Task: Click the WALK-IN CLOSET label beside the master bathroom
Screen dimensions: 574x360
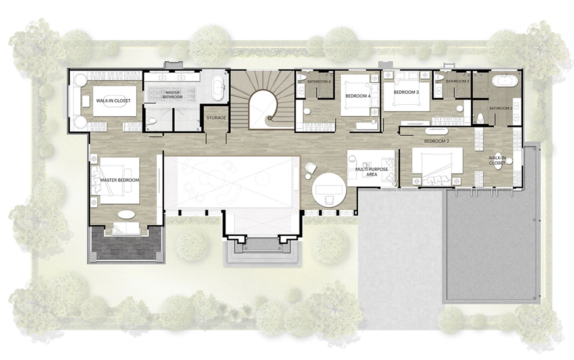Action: click(113, 100)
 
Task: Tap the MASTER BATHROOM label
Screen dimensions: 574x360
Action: click(172, 94)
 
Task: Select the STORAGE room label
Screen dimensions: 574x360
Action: click(216, 118)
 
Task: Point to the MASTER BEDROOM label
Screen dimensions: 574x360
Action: click(119, 180)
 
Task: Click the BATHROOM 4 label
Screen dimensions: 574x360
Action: click(319, 81)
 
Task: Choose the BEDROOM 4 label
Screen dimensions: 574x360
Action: click(358, 96)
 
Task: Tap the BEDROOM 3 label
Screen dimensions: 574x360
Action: click(406, 92)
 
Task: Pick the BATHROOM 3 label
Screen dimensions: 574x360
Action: click(457, 81)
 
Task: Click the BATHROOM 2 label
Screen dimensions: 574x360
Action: click(501, 108)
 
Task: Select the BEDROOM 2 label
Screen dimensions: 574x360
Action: click(436, 141)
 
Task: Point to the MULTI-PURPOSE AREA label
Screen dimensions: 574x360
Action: click(371, 172)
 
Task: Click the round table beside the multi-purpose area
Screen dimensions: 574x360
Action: click(328, 189)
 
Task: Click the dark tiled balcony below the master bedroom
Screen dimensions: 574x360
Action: click(125, 243)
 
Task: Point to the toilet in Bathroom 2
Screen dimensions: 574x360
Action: click(480, 118)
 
